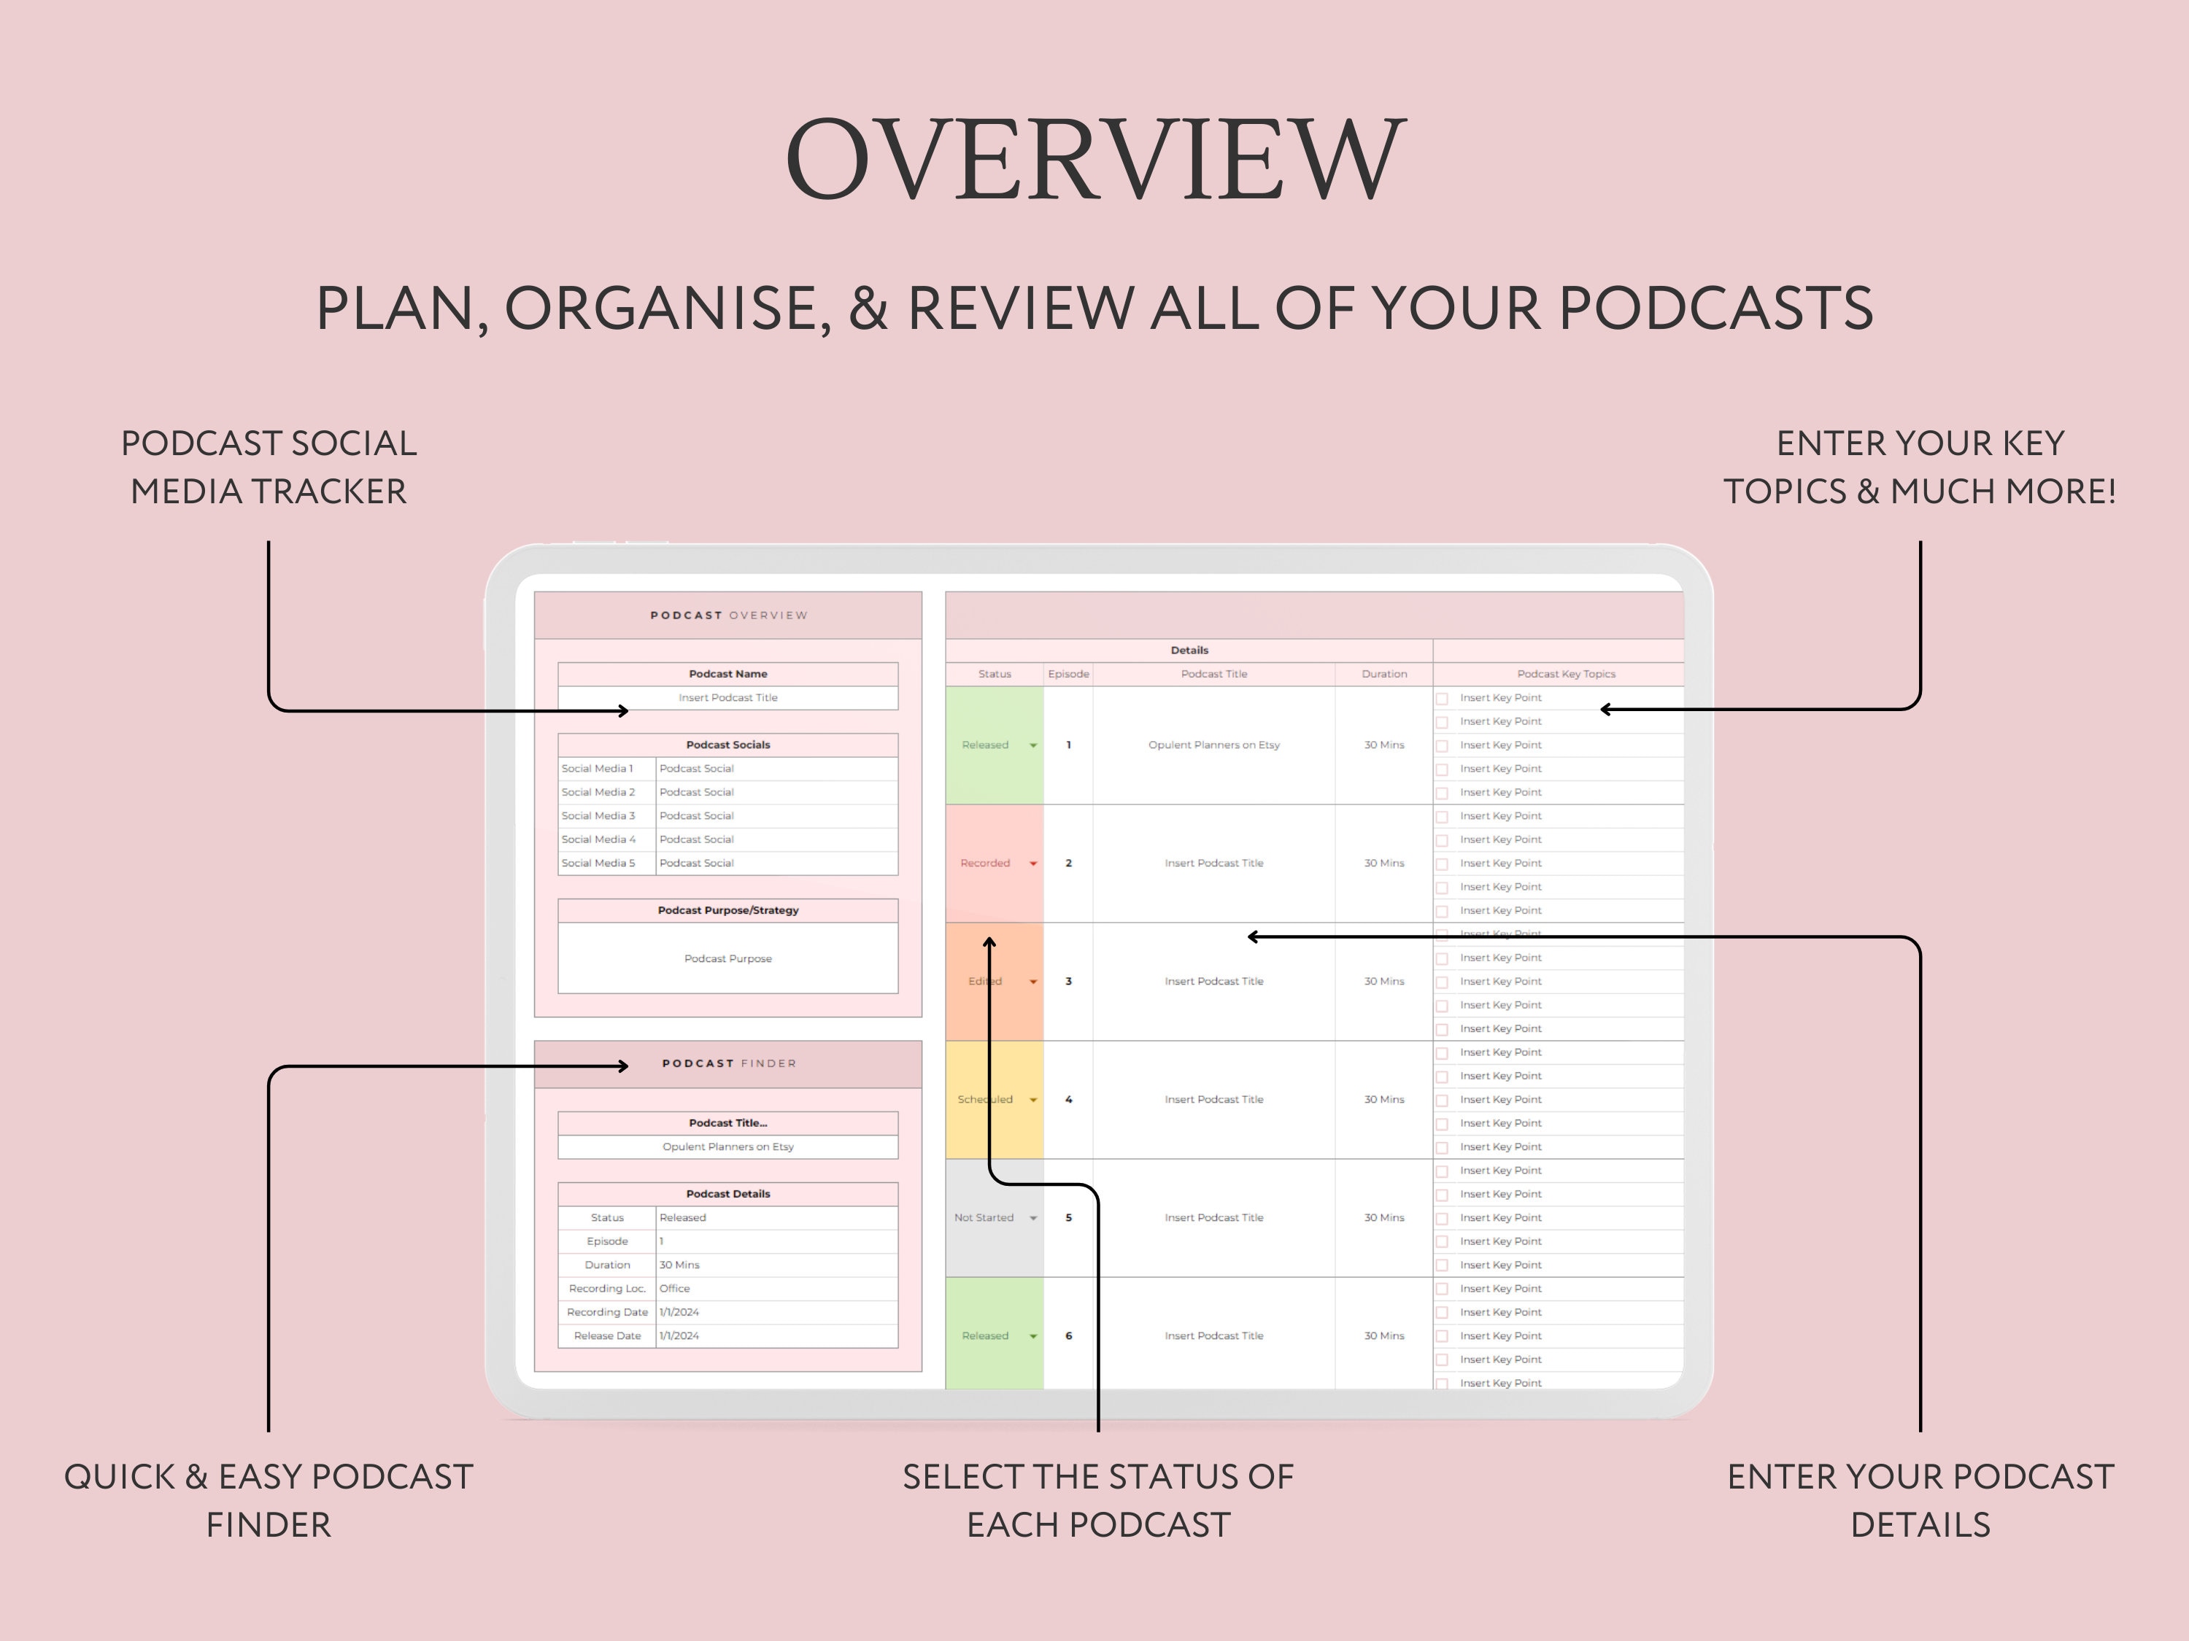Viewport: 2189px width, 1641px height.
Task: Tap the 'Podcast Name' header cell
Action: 727,674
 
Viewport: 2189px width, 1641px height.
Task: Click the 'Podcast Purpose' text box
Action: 727,958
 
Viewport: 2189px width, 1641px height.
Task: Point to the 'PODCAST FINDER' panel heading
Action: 728,1063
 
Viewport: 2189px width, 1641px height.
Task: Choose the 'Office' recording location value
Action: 675,1289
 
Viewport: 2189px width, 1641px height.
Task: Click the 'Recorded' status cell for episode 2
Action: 986,864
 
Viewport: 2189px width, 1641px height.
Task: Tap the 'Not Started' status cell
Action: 984,1218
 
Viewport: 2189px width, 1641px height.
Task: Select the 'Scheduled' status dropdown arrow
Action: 1033,1100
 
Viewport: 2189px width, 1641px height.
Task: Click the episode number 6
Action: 1069,1336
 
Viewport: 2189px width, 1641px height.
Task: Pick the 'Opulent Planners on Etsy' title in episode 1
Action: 1213,745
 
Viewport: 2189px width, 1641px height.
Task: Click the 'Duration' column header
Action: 1383,674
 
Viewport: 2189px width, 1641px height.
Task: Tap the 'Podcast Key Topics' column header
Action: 1566,674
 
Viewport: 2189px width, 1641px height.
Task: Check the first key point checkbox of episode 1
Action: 1442,699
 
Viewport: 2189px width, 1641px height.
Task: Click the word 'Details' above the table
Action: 1189,650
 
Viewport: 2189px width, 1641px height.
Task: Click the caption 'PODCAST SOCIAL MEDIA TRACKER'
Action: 269,467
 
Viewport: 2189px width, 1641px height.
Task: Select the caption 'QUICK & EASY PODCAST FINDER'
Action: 269,1500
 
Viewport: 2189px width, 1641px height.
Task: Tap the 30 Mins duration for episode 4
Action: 1383,1100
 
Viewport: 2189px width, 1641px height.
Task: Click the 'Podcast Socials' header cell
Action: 727,745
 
